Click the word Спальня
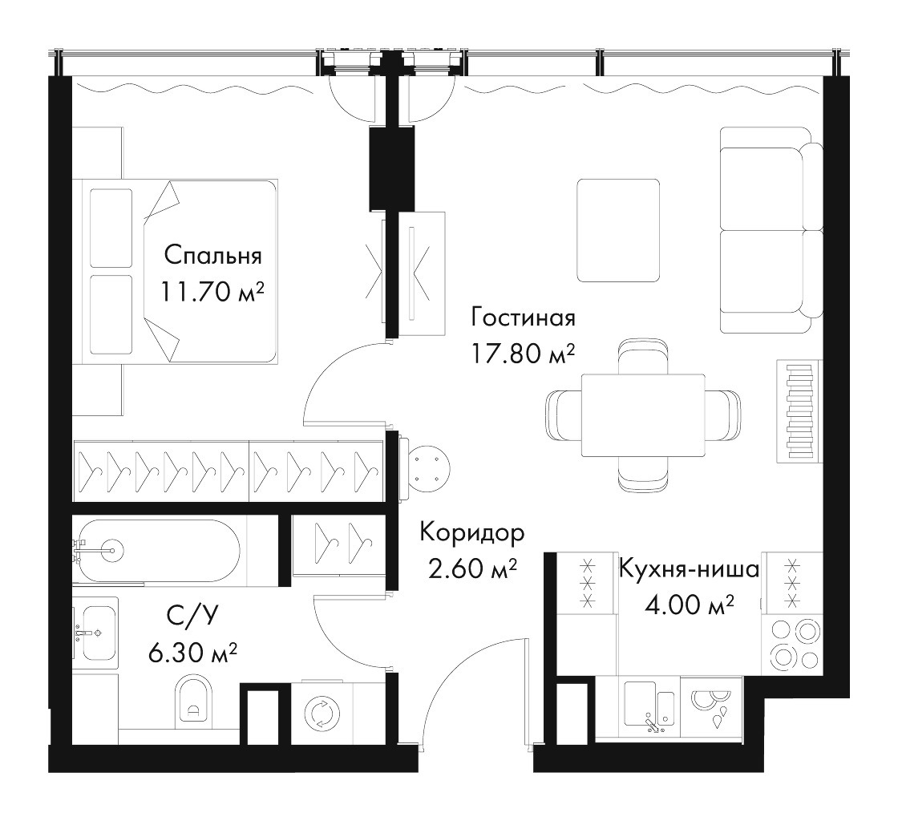pos(212,256)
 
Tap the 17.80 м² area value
pos(522,354)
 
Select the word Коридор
pos(472,534)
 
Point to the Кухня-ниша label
pos(689,569)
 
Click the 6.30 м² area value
pos(193,652)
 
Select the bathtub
pos(156,551)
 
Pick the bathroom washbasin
pos(97,633)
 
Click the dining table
pos(643,415)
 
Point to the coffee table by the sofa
pos(618,230)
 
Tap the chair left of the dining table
pos(564,415)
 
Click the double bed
pos(180,271)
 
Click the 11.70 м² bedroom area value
pos(212,293)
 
